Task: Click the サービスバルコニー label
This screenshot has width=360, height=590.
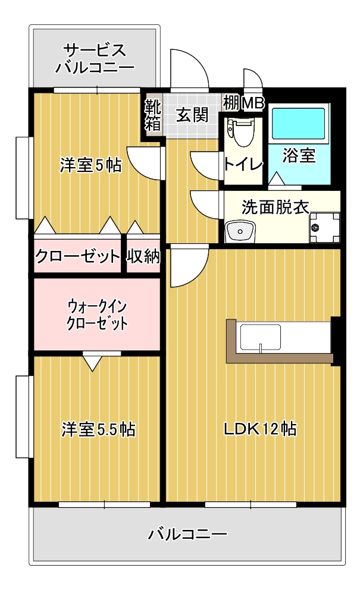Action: [x=95, y=59]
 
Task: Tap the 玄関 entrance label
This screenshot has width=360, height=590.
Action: [x=192, y=114]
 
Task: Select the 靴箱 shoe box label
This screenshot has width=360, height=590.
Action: [x=154, y=115]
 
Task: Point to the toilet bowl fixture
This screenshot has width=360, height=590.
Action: [x=240, y=132]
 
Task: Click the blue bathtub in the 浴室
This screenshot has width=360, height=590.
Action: [x=298, y=124]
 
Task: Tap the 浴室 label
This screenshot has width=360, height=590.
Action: [x=299, y=155]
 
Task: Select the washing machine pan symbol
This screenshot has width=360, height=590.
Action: [x=325, y=228]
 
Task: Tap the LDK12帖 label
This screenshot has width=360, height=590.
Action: [x=260, y=429]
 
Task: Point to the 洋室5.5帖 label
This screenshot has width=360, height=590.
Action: [x=99, y=429]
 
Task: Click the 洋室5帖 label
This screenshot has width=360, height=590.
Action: [x=91, y=165]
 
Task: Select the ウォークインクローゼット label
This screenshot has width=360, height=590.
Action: [x=97, y=315]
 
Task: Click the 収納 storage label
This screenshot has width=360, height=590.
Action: [x=143, y=256]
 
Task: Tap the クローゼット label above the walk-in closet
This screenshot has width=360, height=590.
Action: [x=77, y=256]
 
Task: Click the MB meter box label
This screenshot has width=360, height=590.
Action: [x=253, y=103]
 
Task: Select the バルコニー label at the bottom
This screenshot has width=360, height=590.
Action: [x=187, y=534]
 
